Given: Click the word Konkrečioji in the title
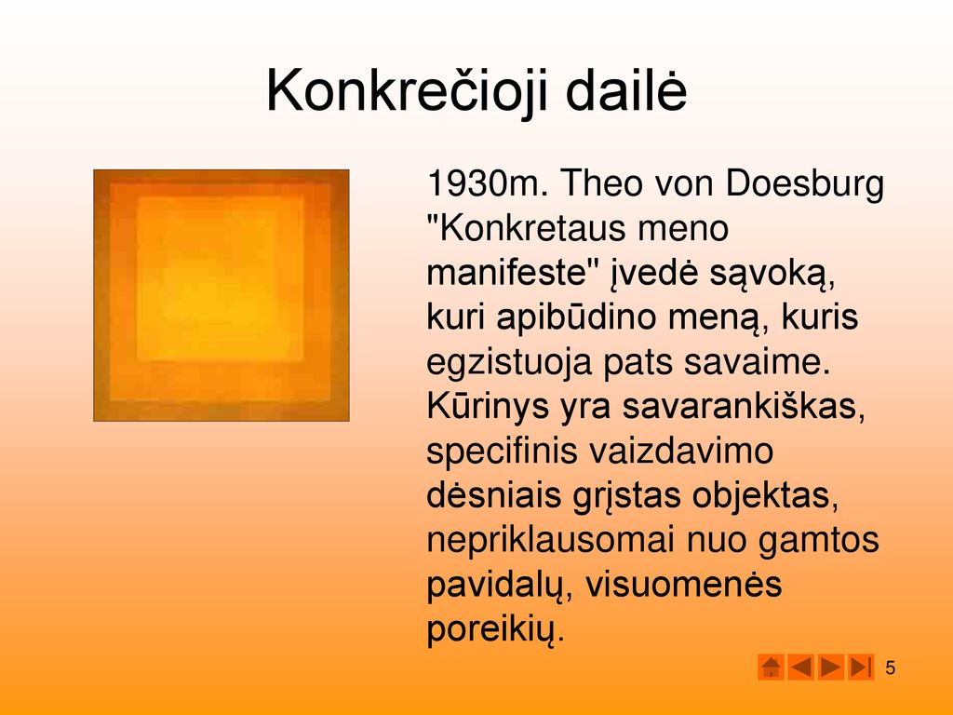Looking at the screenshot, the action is click(x=408, y=91).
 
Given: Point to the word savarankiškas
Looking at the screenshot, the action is click(x=744, y=407).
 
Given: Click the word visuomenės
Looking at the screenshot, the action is click(x=684, y=585).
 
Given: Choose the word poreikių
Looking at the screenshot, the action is click(x=496, y=630).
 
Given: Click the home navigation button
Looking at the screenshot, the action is click(x=771, y=667).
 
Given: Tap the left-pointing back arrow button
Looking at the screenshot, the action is click(x=800, y=667).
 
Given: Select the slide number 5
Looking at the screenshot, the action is click(x=891, y=668).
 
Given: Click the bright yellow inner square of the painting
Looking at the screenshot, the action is click(x=220, y=278).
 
